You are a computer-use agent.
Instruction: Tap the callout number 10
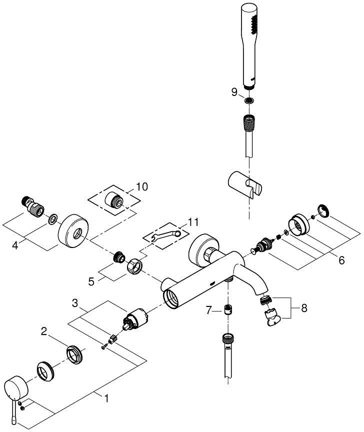[142, 186]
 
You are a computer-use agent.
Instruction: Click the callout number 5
[91, 281]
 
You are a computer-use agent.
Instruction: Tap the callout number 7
[211, 311]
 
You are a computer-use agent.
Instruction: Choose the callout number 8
[304, 308]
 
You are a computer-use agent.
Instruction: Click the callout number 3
[74, 303]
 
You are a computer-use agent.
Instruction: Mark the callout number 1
[106, 398]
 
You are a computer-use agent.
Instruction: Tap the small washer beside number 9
[249, 101]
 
